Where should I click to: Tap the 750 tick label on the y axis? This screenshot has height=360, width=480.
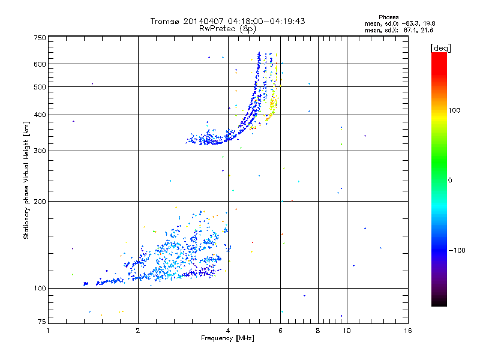[40, 37]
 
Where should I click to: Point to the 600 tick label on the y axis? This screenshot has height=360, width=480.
[40, 64]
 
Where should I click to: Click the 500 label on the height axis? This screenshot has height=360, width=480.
[40, 87]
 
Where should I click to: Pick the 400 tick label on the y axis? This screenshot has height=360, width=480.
[40, 115]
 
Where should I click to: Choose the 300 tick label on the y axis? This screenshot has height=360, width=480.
[40, 151]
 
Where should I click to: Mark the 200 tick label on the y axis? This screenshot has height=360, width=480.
[40, 202]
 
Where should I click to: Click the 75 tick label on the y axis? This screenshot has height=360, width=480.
[42, 323]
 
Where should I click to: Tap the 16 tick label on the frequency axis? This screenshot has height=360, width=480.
[407, 331]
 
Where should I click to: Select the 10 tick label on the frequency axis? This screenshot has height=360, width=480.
[346, 331]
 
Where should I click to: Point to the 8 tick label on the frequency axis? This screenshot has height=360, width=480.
[318, 331]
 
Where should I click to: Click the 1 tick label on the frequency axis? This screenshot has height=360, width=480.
[49, 331]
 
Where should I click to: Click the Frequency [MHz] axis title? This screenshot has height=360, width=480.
[228, 338]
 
